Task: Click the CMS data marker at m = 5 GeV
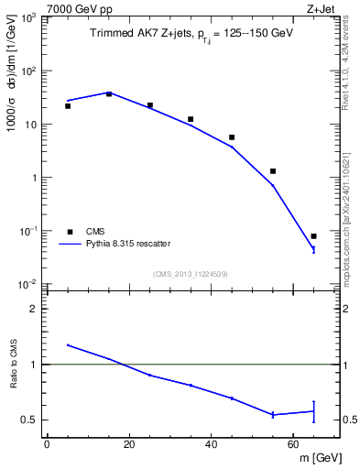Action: [x=68, y=106]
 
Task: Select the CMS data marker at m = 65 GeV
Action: [x=313, y=236]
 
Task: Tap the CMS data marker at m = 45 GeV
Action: [x=232, y=137]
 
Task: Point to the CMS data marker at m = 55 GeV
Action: [x=273, y=171]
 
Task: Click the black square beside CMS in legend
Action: [x=68, y=232]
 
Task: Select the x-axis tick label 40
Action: [x=212, y=443]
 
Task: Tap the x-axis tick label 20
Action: [x=129, y=443]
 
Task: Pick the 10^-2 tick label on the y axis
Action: [x=27, y=285]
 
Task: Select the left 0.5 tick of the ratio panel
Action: [x=29, y=420]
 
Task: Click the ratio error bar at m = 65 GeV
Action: [x=313, y=411]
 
